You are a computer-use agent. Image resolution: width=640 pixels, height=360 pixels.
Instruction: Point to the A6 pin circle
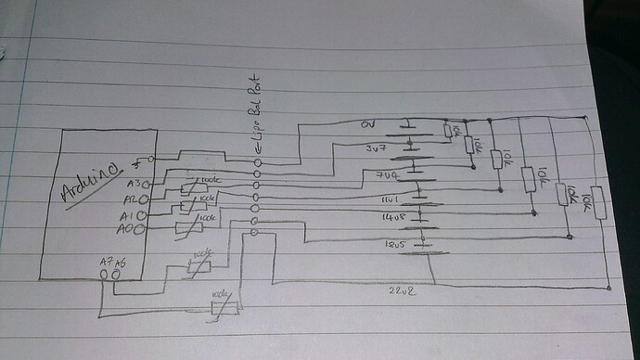[x=118, y=275]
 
